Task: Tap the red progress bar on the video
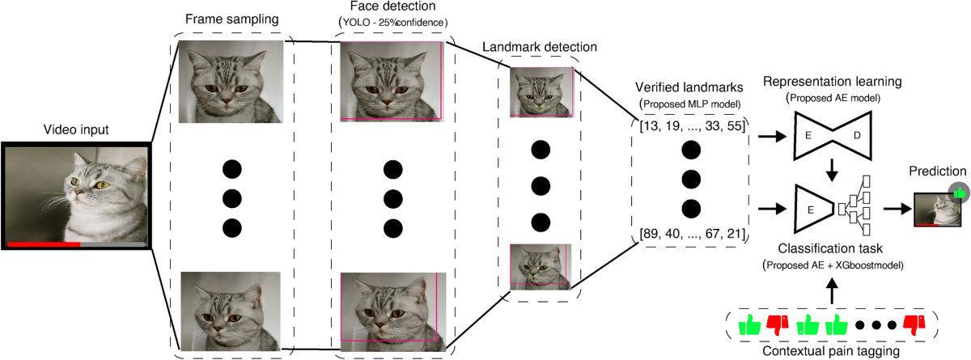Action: pyautogui.click(x=44, y=243)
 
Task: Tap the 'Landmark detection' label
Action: pyautogui.click(x=539, y=47)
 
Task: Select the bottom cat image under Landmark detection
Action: pyautogui.click(x=540, y=266)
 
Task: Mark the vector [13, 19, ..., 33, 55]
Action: pyautogui.click(x=689, y=128)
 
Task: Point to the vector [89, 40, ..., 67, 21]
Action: pyautogui.click(x=689, y=235)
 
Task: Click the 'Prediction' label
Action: pyautogui.click(x=936, y=172)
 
